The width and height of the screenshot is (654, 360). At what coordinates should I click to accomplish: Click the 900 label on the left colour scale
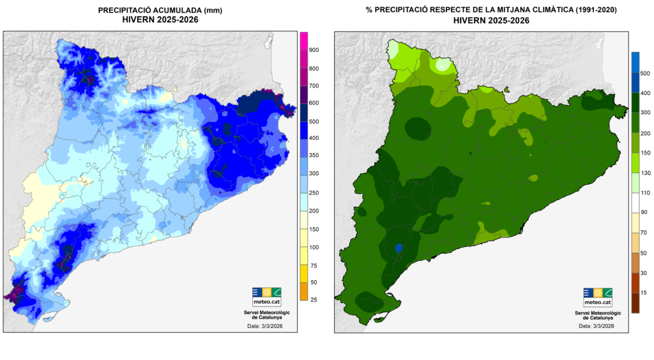pos(314,50)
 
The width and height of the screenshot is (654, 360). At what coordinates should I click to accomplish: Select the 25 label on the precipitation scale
pos(314,299)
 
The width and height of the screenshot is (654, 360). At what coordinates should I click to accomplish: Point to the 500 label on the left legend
pos(314,121)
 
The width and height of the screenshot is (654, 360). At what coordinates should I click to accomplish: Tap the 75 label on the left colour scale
pos(314,265)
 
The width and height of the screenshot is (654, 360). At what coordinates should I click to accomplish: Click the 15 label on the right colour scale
pos(644,293)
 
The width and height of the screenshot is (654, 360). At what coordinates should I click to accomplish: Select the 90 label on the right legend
pos(644,211)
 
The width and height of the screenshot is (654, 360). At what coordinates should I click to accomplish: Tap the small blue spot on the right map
pos(399,248)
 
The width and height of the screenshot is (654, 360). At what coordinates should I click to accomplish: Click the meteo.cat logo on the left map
pos(266,297)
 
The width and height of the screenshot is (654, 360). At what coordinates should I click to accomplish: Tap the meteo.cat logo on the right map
pos(597,297)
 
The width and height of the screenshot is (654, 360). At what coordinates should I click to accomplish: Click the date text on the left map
pos(265,326)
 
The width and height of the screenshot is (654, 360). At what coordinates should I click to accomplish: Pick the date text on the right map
pos(597,326)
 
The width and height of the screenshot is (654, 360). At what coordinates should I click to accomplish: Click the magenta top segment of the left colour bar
pos(304,40)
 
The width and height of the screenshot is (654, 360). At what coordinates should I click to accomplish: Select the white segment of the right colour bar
pos(635,202)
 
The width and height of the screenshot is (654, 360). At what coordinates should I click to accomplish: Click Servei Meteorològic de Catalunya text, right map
pos(597,315)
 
